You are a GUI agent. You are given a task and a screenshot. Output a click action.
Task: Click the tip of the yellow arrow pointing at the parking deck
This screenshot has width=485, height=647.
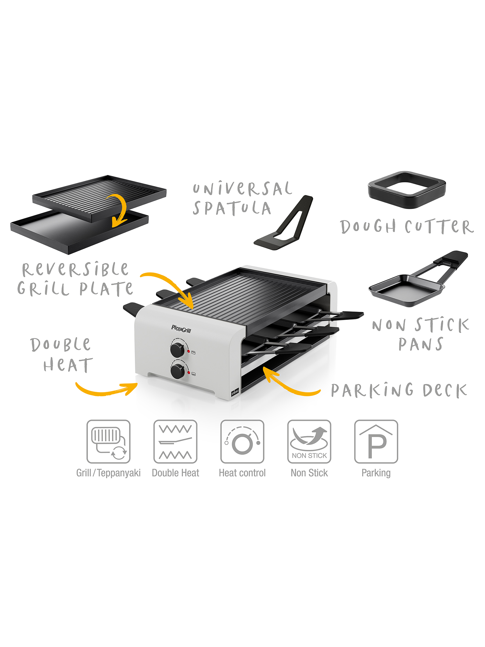tap(263, 367)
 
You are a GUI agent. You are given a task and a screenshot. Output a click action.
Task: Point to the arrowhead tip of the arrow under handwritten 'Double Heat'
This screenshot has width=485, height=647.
tap(137, 384)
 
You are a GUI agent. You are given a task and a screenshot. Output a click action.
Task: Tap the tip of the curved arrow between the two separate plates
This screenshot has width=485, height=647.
tap(113, 226)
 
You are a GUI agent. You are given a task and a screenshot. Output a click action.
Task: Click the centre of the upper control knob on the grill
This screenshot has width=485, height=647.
tap(177, 350)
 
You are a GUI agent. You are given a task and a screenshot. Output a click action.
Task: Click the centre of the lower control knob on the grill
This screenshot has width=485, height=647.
tap(178, 371)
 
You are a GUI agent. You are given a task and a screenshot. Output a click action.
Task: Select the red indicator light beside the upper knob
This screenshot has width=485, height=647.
tap(189, 351)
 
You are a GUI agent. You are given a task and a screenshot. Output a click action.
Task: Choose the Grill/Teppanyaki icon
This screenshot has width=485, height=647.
tap(108, 442)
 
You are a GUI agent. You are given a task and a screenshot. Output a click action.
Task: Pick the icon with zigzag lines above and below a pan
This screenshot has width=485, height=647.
tap(175, 442)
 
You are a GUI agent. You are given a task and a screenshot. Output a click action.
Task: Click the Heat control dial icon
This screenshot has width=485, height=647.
tap(242, 442)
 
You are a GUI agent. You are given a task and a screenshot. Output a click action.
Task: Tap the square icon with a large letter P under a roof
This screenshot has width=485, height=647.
tap(376, 442)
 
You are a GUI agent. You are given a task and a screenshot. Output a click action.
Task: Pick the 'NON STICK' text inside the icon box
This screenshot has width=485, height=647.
tap(309, 455)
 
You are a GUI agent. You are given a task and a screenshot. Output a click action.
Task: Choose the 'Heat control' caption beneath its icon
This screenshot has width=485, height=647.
tap(242, 473)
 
